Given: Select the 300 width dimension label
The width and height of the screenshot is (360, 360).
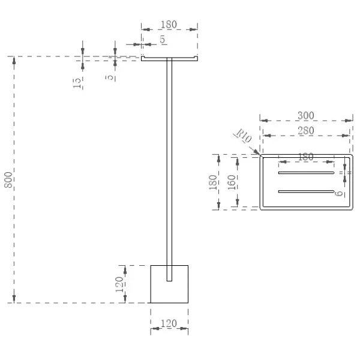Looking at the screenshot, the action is click(306, 115).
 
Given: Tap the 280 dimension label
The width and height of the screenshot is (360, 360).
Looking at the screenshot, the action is click(306, 131).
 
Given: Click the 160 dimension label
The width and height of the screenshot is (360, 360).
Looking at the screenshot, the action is click(232, 182).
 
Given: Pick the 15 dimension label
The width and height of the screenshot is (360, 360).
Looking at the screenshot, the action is click(77, 83).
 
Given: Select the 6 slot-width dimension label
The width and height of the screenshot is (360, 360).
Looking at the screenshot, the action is click(339, 194).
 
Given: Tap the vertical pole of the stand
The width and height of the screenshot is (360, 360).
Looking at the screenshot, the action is click(169, 169).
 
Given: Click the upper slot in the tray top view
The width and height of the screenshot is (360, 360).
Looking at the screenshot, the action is click(306, 173).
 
